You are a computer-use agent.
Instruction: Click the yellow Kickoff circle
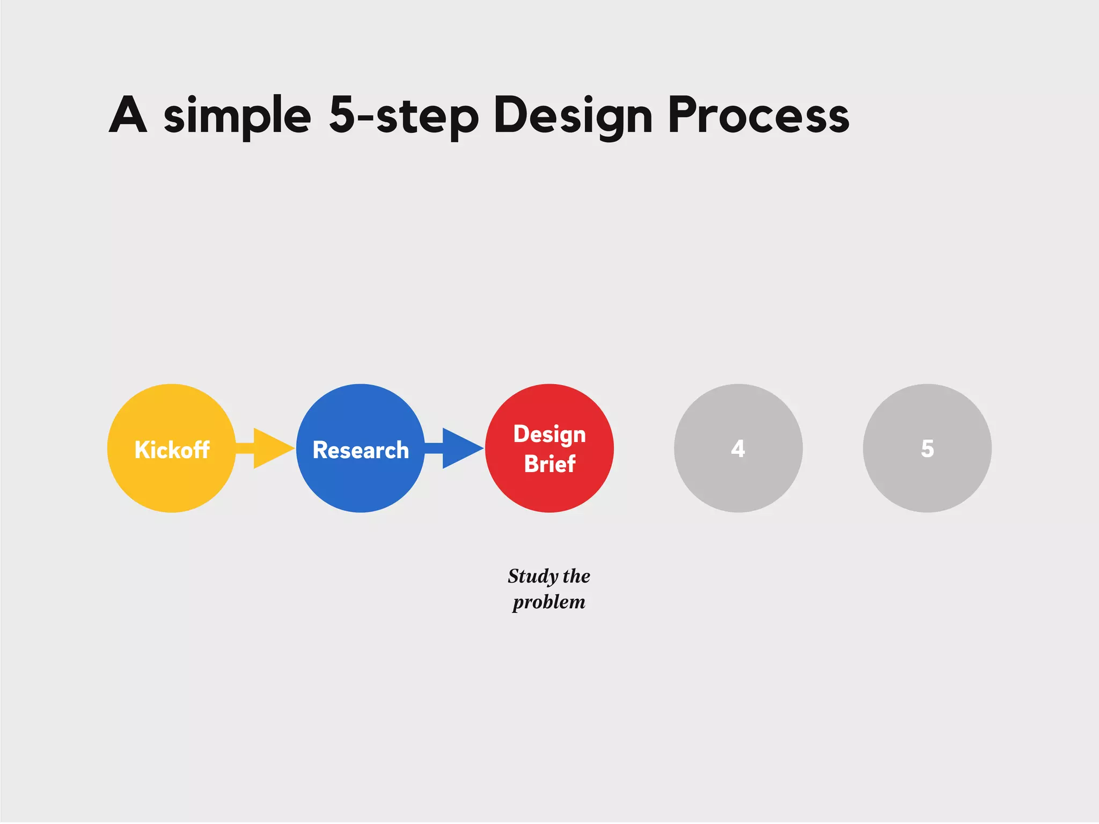(172, 483)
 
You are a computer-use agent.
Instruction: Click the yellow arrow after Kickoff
(268, 448)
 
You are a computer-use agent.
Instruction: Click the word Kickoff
(172, 450)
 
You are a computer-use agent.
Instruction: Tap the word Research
(361, 450)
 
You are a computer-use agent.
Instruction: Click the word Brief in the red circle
(549, 464)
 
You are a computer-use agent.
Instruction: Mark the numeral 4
(738, 448)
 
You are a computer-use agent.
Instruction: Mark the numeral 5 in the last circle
(927, 448)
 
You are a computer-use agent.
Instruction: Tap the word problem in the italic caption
(549, 602)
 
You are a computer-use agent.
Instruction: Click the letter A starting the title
(128, 115)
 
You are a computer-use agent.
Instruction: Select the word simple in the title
(237, 116)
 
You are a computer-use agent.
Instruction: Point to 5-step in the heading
(404, 116)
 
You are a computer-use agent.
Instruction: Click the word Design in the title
(573, 116)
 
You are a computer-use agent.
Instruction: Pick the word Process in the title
(758, 115)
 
